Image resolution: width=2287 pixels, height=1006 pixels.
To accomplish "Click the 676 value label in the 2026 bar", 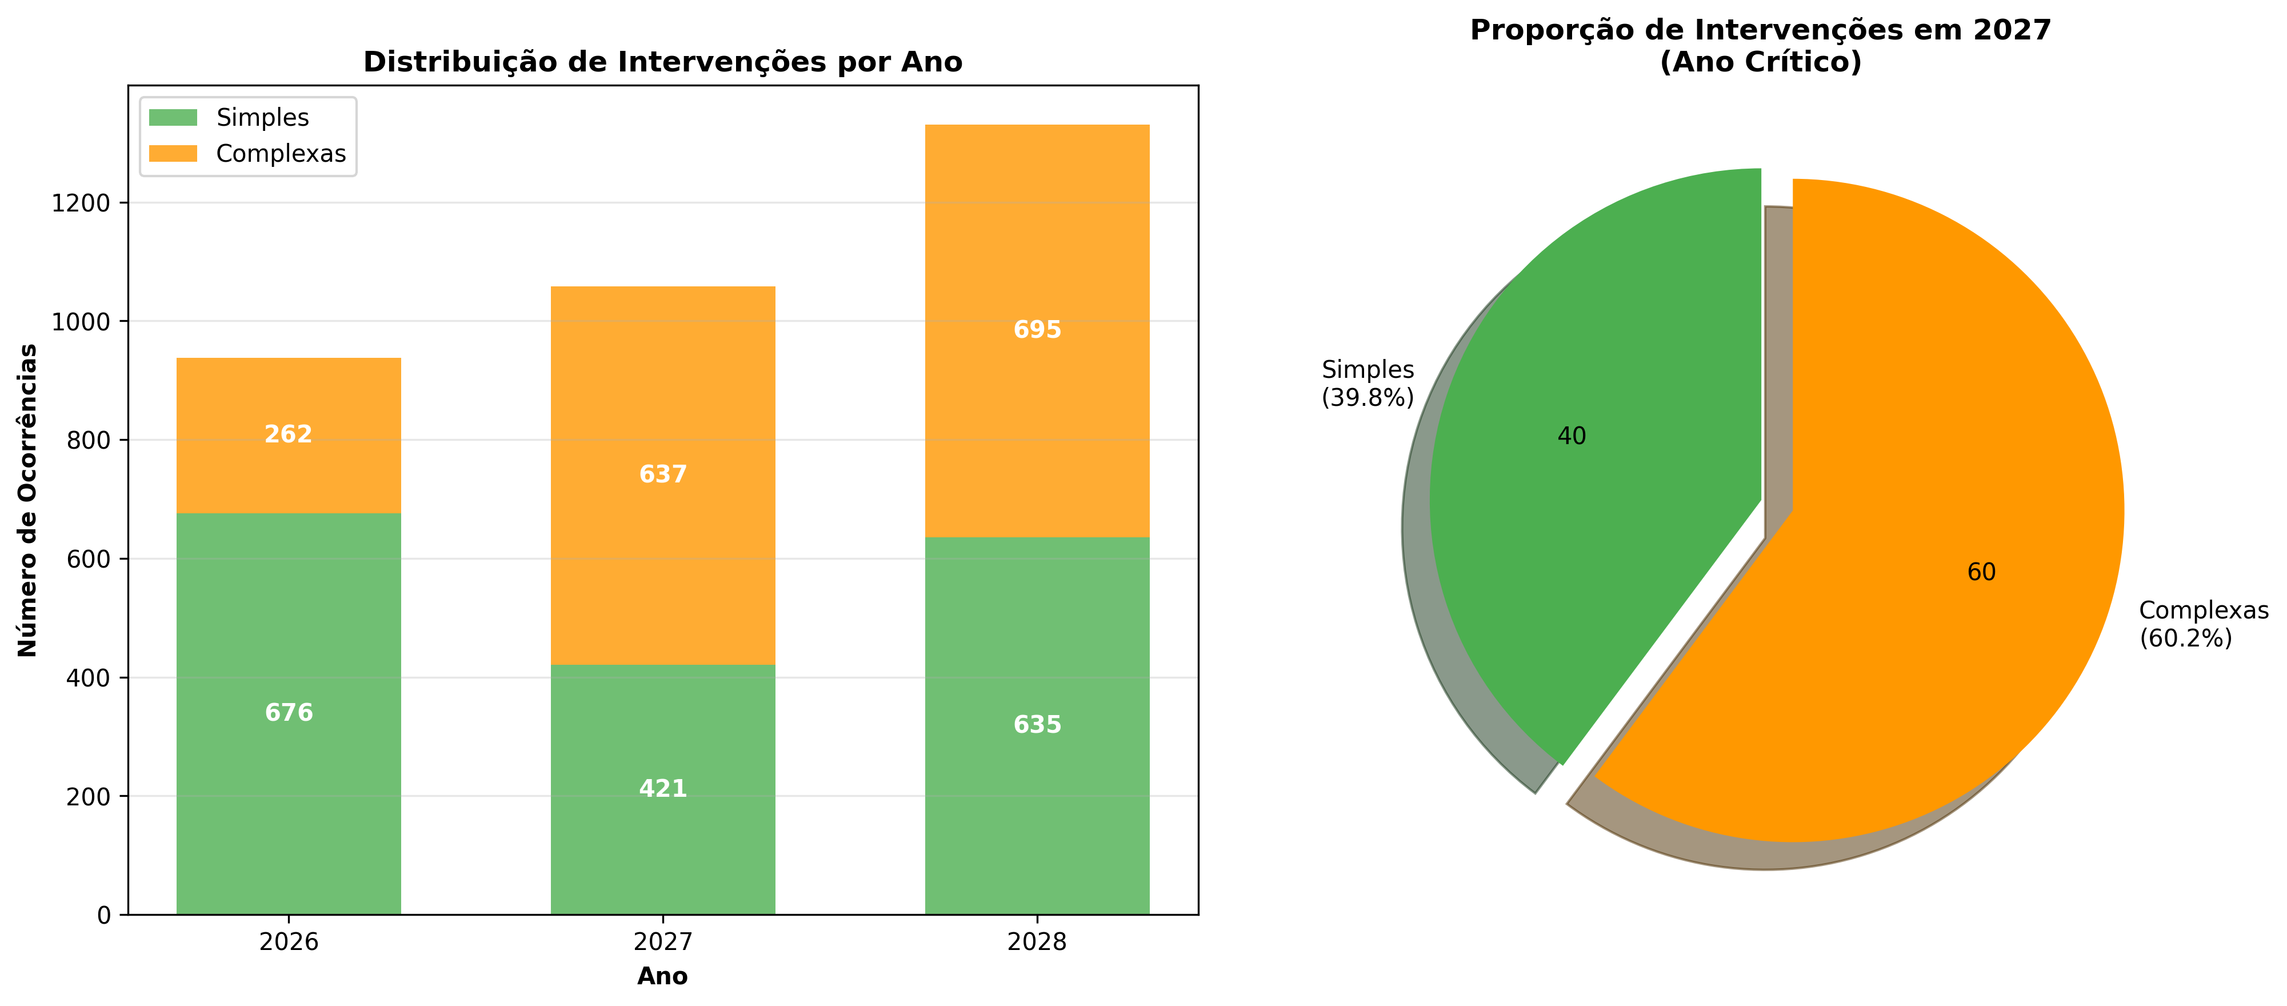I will point(289,713).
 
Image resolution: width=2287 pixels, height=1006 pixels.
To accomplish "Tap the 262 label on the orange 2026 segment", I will point(289,434).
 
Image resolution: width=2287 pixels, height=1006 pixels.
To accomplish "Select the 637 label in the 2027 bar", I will point(663,474).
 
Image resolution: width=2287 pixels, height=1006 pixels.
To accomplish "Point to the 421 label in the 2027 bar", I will point(663,788).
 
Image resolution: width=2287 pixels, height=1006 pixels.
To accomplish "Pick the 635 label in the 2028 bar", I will point(1037,725).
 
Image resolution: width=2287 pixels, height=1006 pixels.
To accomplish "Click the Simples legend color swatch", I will point(173,117).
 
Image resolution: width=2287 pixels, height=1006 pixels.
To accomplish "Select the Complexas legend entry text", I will point(281,154).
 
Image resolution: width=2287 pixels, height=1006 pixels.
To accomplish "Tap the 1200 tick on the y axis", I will point(81,203).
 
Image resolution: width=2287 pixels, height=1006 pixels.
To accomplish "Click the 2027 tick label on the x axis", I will point(663,942).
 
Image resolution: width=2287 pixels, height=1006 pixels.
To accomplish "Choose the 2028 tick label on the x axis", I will point(1037,942).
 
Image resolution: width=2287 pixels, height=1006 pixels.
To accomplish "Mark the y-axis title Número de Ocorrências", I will point(29,500).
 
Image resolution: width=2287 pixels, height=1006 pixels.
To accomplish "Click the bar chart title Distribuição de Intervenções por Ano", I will point(662,62).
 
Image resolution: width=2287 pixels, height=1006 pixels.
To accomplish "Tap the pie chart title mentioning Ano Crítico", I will point(1761,46).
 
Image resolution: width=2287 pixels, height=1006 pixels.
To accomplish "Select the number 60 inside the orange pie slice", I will point(1981,572).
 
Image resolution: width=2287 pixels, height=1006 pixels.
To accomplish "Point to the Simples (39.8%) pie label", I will point(1367,384).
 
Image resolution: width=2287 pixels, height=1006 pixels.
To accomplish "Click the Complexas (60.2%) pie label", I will point(2202,624).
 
